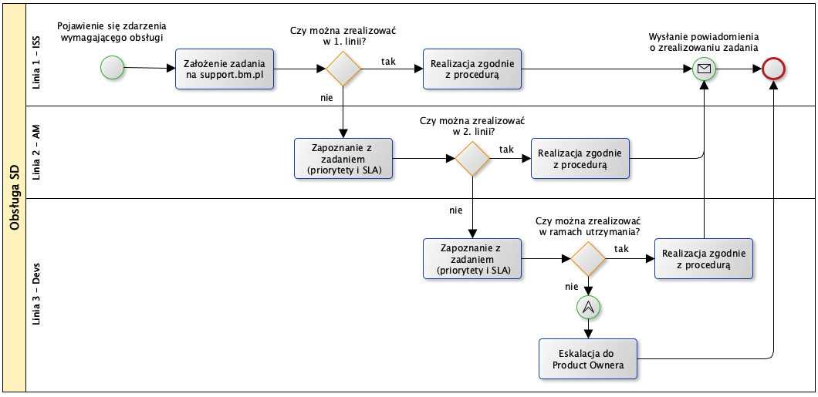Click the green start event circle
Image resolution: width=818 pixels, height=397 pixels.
click(113, 68)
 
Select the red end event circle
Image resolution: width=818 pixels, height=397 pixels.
click(773, 69)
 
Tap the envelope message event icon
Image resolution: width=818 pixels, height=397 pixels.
click(704, 69)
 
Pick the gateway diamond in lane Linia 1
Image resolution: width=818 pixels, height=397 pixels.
click(343, 69)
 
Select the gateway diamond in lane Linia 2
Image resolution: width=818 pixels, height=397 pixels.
click(472, 159)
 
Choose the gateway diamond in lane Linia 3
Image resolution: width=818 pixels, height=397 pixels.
click(588, 259)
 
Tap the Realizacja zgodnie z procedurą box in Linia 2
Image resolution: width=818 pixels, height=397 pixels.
click(580, 159)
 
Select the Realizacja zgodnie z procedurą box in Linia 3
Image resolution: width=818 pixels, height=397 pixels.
click(704, 259)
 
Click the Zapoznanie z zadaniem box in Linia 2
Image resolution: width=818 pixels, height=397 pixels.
click(343, 159)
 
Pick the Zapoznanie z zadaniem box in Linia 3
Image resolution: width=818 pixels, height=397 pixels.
click(472, 259)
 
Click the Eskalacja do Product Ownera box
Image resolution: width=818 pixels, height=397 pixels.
click(588, 359)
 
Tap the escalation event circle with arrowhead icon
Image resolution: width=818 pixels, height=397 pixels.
click(588, 308)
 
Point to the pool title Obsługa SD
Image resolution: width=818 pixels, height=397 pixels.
click(14, 198)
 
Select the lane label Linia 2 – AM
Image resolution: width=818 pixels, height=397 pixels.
click(36, 152)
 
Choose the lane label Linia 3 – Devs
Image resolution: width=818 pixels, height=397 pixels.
click(36, 294)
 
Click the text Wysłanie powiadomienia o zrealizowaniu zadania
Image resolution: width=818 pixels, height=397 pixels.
click(704, 42)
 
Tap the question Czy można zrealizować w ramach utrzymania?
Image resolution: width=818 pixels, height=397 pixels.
click(588, 226)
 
